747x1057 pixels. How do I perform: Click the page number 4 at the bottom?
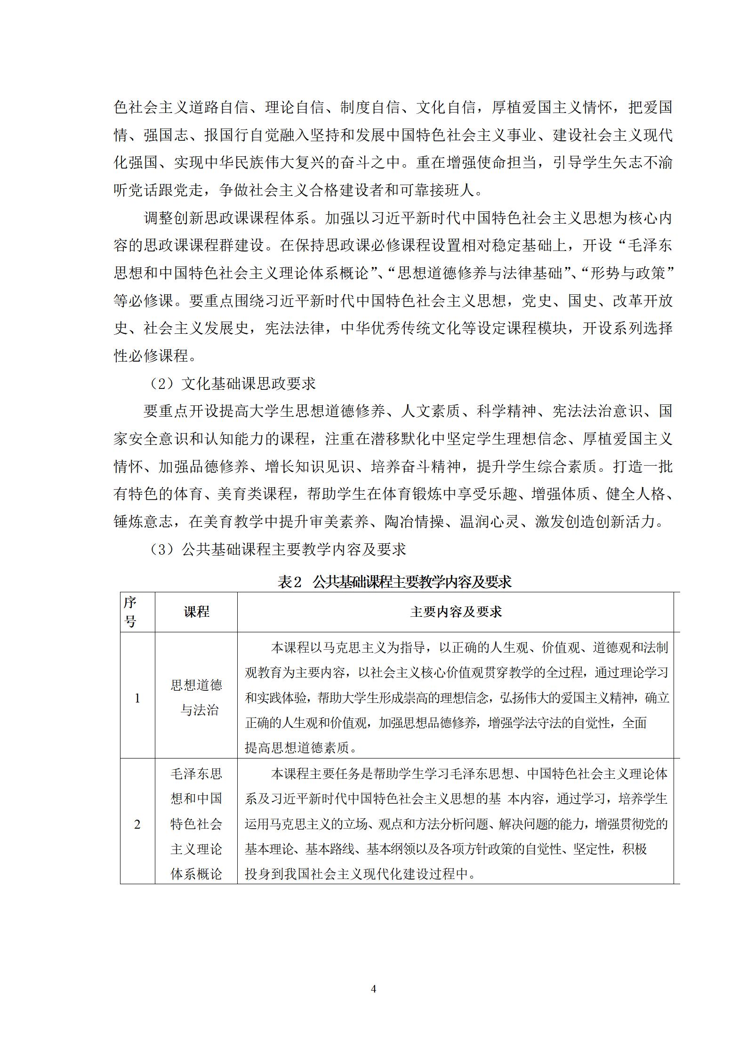click(373, 989)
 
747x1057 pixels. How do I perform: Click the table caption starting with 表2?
click(394, 582)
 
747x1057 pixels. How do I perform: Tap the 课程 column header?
click(196, 612)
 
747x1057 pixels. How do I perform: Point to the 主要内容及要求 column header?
click(456, 612)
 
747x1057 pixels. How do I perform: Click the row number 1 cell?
click(137, 698)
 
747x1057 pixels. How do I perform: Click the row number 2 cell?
click(137, 824)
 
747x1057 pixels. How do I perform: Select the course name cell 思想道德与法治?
click(196, 698)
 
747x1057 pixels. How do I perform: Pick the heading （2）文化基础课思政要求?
click(232, 384)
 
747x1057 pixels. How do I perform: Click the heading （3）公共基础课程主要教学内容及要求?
click(277, 549)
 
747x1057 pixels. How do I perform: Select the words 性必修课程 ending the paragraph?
click(151, 356)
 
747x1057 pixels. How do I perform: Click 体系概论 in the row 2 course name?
click(196, 874)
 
